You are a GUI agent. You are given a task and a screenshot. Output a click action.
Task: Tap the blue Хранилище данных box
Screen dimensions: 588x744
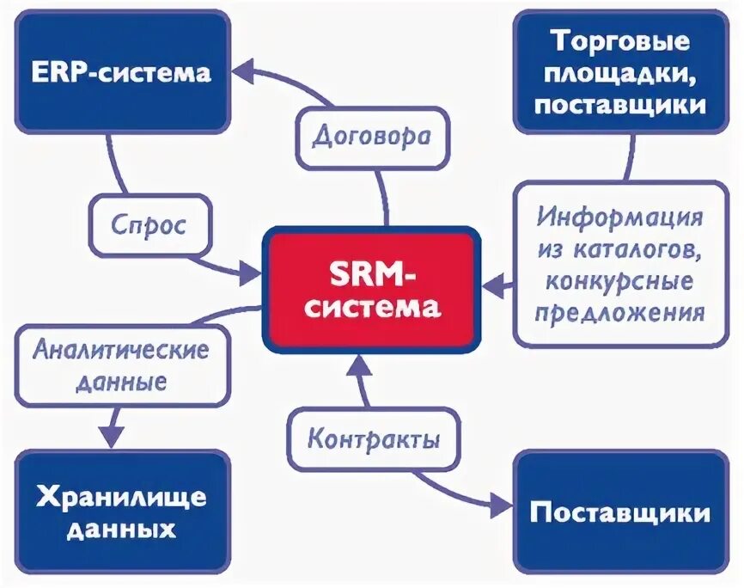pos(122,512)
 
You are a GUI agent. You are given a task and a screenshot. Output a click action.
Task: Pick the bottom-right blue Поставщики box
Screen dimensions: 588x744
pos(619,512)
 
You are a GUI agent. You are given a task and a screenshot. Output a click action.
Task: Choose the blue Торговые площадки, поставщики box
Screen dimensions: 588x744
pos(619,72)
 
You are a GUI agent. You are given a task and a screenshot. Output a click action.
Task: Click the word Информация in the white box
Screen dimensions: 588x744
pos(619,216)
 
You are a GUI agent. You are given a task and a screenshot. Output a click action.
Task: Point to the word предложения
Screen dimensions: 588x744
pos(619,310)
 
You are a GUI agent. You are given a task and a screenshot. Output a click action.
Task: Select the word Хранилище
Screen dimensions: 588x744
pos(122,496)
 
